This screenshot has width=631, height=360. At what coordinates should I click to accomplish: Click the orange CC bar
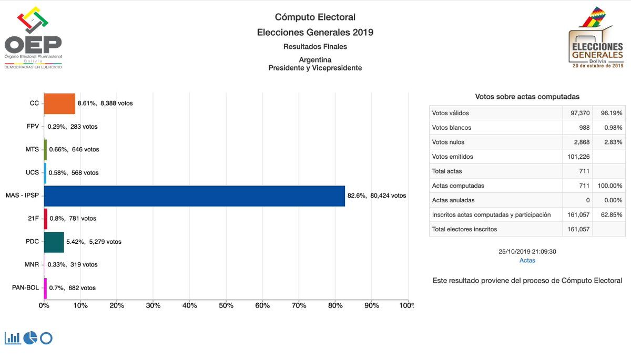(x=59, y=104)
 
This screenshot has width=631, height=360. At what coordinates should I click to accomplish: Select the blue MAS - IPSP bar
(x=194, y=196)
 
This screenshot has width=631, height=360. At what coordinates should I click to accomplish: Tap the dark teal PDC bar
(x=54, y=242)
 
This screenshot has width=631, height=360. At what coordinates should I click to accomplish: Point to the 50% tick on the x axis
(x=226, y=305)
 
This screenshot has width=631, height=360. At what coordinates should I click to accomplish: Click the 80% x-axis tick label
(x=335, y=305)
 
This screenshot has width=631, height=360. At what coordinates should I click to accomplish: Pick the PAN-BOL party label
(x=25, y=288)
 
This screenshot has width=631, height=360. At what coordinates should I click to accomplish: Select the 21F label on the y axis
(x=33, y=219)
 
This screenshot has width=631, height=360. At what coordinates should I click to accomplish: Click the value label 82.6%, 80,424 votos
(x=376, y=196)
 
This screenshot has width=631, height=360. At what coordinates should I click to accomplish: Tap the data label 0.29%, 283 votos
(x=73, y=127)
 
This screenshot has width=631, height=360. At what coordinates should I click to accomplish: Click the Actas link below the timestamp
(x=527, y=261)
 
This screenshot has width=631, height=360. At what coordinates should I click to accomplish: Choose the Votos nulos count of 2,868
(x=581, y=142)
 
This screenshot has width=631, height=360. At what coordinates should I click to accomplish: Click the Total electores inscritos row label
(x=464, y=229)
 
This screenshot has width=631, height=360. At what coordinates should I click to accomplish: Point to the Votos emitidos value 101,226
(x=578, y=157)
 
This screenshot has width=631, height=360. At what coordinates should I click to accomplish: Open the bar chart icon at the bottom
(x=13, y=338)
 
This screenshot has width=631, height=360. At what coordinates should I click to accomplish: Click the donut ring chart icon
(x=46, y=338)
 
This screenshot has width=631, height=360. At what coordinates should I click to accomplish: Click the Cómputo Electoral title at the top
(x=315, y=17)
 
